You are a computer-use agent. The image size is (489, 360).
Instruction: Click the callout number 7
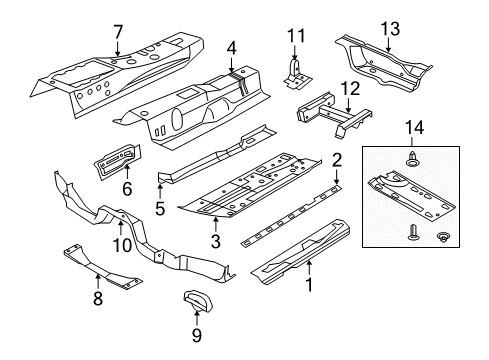[x=118, y=33]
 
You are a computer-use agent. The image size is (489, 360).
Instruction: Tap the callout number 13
[x=390, y=29]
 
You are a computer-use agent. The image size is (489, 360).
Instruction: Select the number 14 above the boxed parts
[x=414, y=128]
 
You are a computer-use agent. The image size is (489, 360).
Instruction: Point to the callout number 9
[x=197, y=335]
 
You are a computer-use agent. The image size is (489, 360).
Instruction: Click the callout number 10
[x=122, y=246]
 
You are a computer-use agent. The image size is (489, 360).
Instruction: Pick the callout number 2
[x=337, y=160]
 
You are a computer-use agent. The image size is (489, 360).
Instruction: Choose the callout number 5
[x=160, y=209]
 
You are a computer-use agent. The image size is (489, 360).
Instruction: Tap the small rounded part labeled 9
[x=198, y=300]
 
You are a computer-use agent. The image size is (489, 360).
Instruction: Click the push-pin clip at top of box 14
[x=413, y=159]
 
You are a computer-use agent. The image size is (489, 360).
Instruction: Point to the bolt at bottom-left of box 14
[x=413, y=233]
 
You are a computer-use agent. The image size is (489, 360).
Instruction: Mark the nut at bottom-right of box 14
[x=442, y=237]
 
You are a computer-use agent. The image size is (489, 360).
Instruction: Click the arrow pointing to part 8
[x=98, y=282]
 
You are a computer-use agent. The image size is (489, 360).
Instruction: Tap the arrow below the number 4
[x=231, y=65]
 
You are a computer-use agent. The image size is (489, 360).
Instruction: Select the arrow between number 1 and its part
[x=309, y=269]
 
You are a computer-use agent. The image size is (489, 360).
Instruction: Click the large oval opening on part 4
[x=176, y=119]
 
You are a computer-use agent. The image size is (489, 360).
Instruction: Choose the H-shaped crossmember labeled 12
[x=333, y=113]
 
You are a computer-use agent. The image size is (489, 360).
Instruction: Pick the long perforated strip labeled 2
[x=291, y=216]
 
